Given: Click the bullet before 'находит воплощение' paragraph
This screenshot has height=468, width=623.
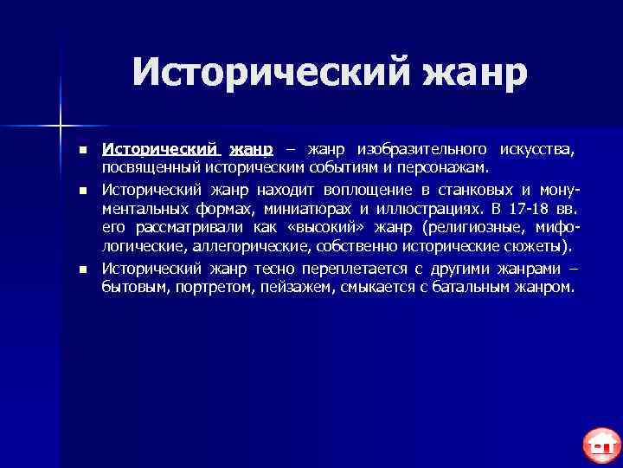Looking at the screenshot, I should (81, 190).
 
